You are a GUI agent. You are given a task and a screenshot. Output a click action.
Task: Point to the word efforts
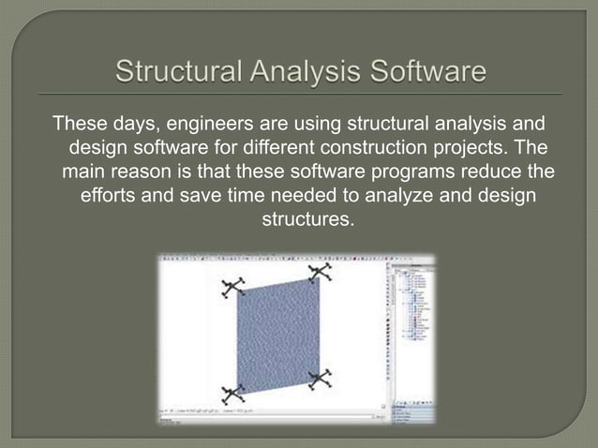click(x=113, y=199)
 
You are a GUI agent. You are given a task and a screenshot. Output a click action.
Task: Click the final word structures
click(x=298, y=223)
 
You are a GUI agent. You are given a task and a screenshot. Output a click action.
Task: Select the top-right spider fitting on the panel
click(x=321, y=273)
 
